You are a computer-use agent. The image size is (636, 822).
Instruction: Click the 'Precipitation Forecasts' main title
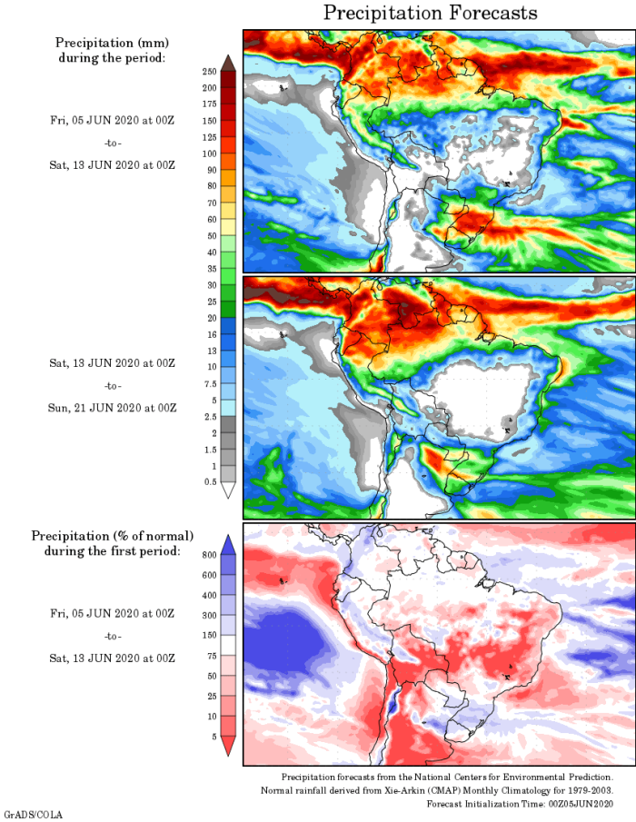click(430, 13)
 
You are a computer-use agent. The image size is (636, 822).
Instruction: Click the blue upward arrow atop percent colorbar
click(228, 543)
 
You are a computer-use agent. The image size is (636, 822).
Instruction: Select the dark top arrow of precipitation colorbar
click(228, 62)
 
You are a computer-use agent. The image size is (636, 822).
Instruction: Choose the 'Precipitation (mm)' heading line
click(112, 43)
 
